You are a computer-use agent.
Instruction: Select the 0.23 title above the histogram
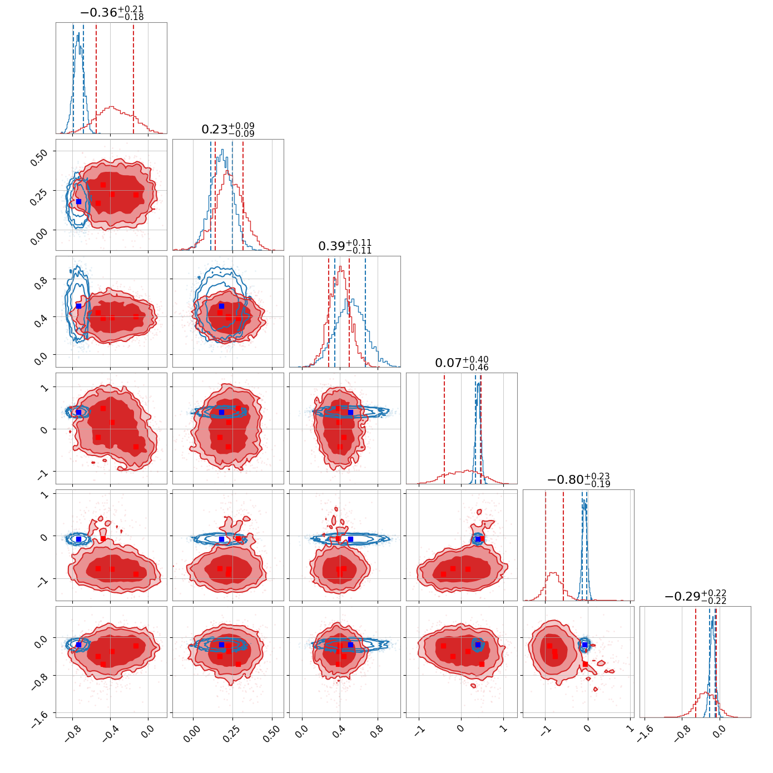(215, 130)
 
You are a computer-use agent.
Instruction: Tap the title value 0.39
(331, 246)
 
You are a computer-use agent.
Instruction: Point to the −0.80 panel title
(565, 480)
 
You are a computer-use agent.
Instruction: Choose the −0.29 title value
(682, 597)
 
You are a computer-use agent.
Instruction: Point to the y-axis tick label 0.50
(39, 157)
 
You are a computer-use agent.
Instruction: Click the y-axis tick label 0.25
(39, 197)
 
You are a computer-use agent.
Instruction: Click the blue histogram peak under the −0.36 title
(78, 33)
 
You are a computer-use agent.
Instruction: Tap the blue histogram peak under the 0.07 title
(479, 384)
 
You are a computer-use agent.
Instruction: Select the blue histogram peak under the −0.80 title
(584, 500)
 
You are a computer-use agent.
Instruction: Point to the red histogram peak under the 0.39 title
(340, 267)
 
